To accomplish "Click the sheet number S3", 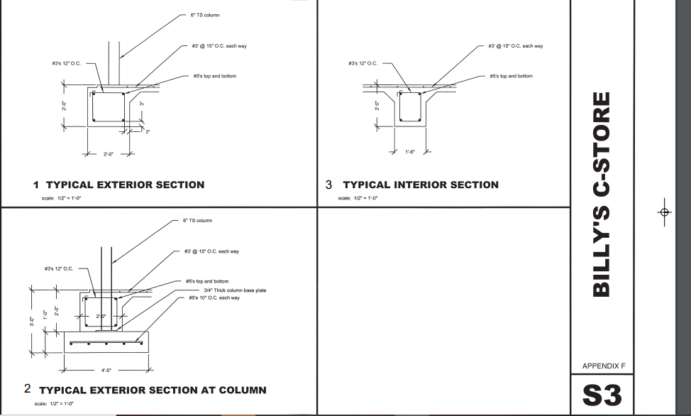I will (x=602, y=395).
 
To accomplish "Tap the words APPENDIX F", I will (x=603, y=366).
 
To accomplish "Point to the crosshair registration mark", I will (x=664, y=212).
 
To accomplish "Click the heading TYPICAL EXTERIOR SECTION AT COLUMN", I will (x=153, y=390).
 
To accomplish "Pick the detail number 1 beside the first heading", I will (x=36, y=185).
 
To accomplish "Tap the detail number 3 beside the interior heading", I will (x=328, y=185).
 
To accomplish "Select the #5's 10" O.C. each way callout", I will (x=214, y=297).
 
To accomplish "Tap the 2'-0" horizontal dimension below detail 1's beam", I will (x=109, y=153).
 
